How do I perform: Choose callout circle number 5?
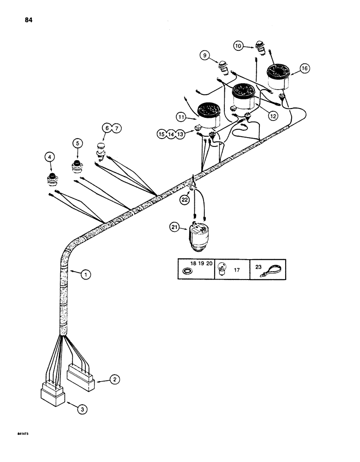coord(77,144)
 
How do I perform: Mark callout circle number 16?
coord(305,68)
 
